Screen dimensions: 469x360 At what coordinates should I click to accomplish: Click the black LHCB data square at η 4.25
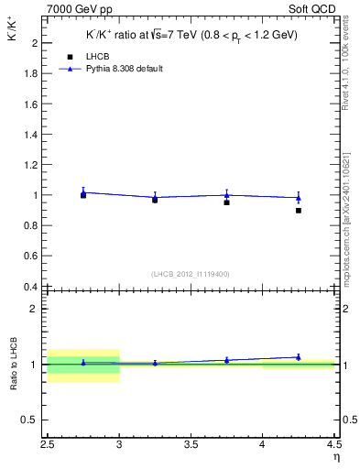[298, 211]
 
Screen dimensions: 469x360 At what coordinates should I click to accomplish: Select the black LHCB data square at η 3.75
[226, 202]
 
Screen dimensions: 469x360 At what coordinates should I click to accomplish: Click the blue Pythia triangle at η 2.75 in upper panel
[83, 191]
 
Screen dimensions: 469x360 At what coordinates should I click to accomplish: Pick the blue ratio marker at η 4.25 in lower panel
[298, 357]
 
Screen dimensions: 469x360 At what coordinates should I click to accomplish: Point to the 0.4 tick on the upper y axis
[30, 287]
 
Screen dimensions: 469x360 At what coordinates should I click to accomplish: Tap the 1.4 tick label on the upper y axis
[30, 135]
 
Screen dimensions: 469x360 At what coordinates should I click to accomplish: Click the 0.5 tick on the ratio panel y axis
[30, 420]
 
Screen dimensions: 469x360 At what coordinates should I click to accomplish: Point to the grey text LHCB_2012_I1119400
[190, 274]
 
